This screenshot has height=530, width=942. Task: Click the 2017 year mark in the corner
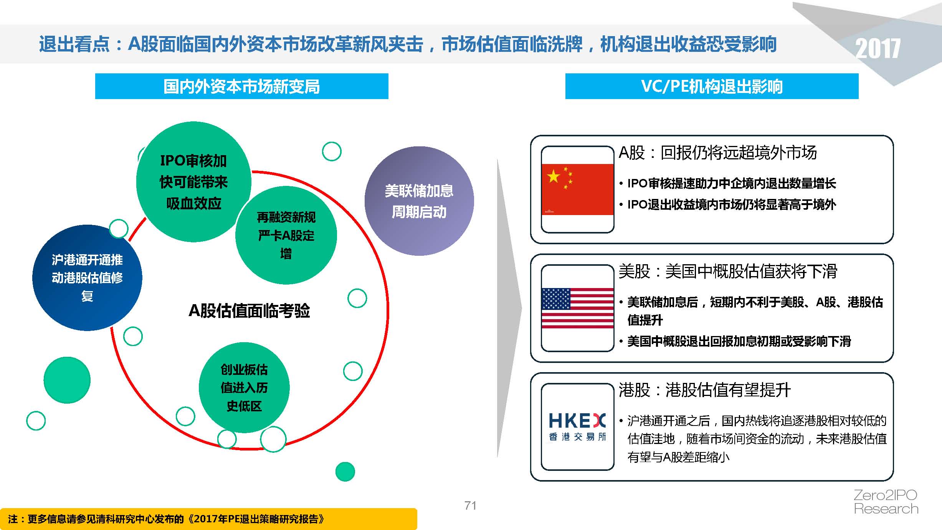[878, 49]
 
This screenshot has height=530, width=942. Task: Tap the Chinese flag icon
[577, 189]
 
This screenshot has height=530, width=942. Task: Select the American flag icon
[577, 308]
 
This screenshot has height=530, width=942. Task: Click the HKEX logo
[577, 427]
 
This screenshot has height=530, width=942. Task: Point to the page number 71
[470, 505]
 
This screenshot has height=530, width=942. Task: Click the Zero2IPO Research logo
[886, 502]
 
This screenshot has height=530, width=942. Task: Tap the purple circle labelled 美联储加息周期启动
[419, 201]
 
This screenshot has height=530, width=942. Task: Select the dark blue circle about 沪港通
[87, 278]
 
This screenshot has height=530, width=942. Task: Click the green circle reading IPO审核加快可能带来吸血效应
[193, 182]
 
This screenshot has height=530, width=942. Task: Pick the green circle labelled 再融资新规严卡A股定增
[286, 235]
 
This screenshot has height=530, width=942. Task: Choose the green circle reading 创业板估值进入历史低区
[244, 388]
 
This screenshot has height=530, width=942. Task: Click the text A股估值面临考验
[249, 310]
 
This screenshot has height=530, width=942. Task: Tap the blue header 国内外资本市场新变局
[242, 86]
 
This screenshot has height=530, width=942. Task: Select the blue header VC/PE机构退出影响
[712, 86]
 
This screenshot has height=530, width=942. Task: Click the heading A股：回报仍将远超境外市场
[717, 153]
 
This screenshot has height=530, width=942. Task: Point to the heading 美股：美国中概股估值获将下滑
[728, 272]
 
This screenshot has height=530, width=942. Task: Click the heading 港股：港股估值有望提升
[705, 390]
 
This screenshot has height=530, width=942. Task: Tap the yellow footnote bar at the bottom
[208, 519]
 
